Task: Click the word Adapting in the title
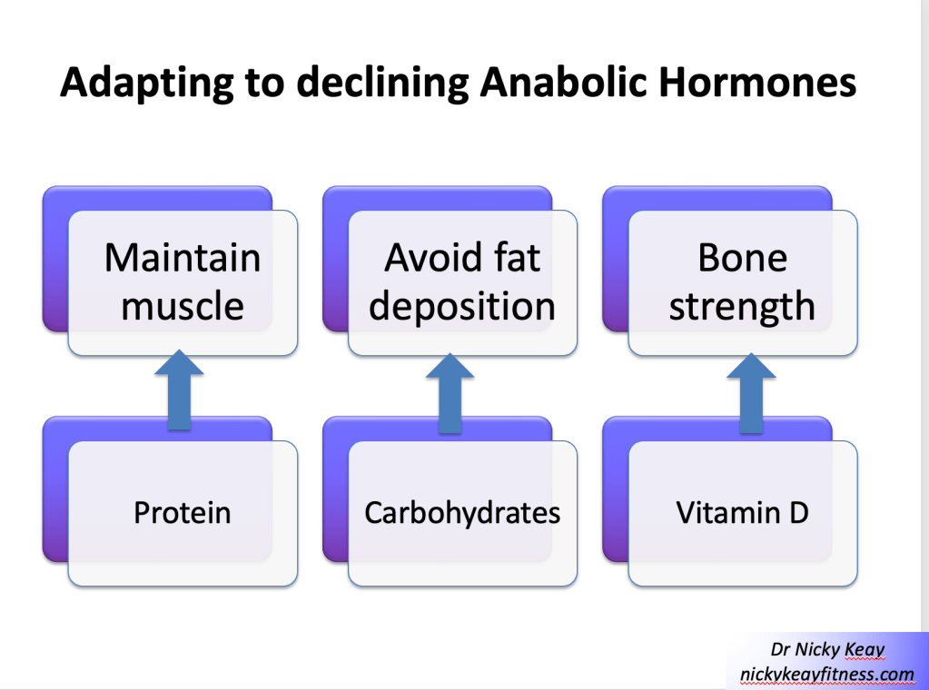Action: point(147,83)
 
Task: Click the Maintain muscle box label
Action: point(183,282)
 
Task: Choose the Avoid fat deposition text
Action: point(462,282)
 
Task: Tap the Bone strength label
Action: point(742,282)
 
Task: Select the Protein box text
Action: point(182,512)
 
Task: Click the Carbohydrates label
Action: point(462,513)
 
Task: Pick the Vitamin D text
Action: point(742,512)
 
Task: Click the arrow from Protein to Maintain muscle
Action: point(179,389)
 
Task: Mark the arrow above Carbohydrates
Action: point(450,393)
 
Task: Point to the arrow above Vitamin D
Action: point(751,393)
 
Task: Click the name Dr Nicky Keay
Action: point(827,650)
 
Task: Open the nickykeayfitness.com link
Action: point(826,675)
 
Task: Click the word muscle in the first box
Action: point(183,306)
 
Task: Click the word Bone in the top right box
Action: point(742,258)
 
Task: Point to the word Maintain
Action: point(183,258)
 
